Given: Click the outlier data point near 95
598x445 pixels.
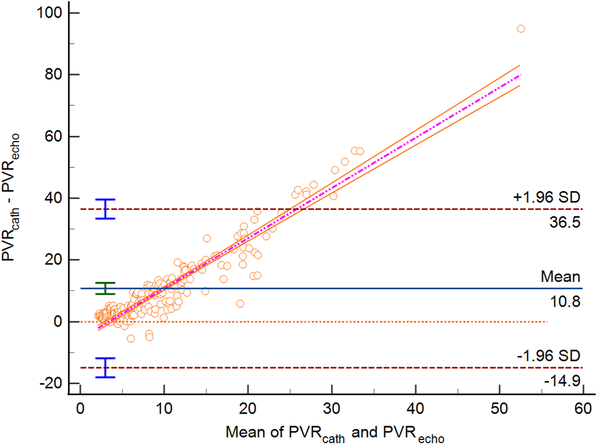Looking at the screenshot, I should pos(520,29).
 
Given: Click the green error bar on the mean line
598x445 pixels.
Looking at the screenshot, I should pos(106,288).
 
